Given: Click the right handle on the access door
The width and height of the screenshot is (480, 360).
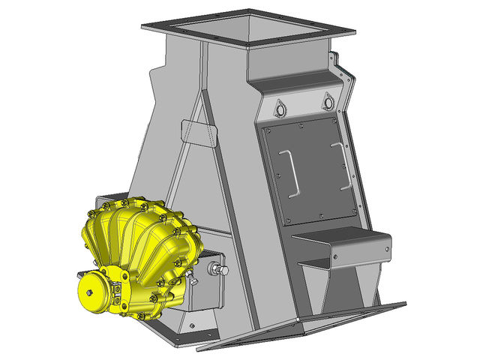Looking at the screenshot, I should [x=344, y=165].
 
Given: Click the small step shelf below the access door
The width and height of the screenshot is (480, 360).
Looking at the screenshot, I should [x=341, y=244].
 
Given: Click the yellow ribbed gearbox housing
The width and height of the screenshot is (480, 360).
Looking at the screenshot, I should [x=139, y=240].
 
